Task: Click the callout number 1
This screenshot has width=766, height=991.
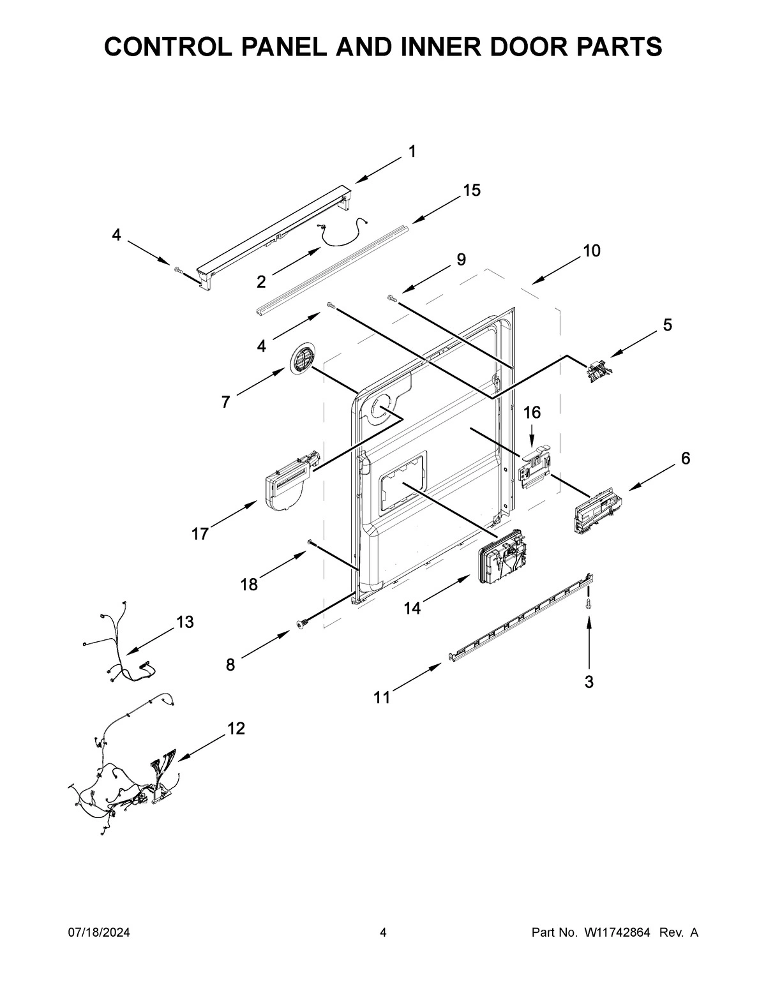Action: coord(412,151)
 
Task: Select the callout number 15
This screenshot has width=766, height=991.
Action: coord(472,190)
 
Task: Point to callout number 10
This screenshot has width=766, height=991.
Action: coord(591,251)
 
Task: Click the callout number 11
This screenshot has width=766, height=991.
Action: coord(382,698)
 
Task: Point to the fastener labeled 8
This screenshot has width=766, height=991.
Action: coord(301,625)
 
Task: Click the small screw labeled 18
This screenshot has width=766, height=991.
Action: coord(310,542)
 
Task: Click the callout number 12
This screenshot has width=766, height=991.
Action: coord(236,728)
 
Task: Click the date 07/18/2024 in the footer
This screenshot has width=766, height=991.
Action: coord(99,933)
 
